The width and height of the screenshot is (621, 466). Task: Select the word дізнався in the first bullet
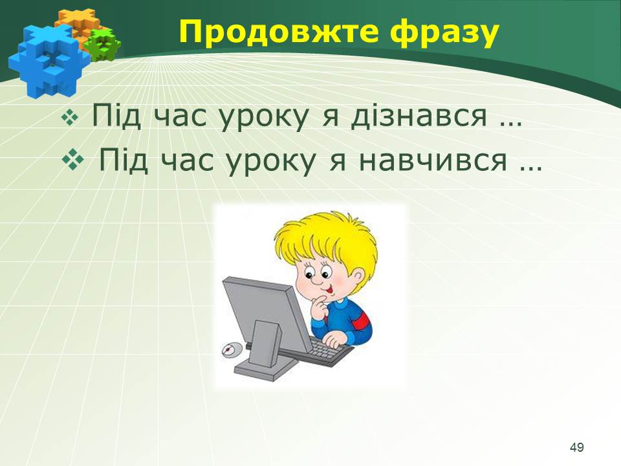point(419,116)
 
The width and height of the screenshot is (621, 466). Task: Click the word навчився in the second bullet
point(433,160)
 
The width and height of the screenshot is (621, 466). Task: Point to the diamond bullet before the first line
point(70,118)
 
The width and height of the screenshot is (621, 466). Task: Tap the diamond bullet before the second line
point(73,160)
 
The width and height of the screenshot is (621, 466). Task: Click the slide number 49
point(576,447)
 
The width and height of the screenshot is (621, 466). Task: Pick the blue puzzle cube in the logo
point(47,60)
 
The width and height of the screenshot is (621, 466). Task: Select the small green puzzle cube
point(103,45)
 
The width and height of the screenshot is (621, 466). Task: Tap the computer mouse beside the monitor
point(232,350)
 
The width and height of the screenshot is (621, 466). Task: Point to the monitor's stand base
point(265,370)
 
